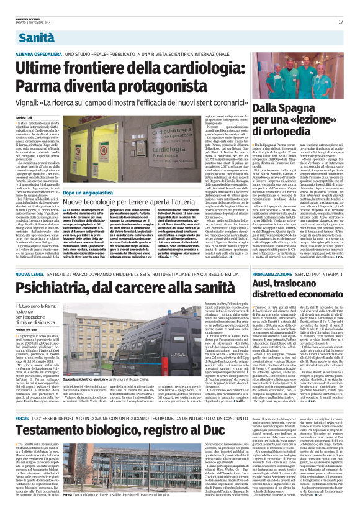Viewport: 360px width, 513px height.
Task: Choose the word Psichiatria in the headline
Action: pyautogui.click(x=62, y=288)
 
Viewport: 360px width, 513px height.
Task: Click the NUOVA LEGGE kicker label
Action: pyautogui.click(x=30, y=275)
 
